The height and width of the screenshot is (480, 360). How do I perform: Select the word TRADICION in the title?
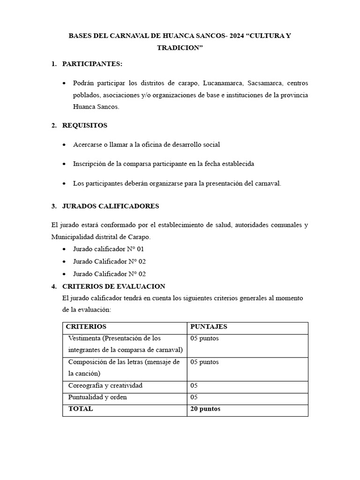180,48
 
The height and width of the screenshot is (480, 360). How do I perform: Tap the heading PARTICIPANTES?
92,64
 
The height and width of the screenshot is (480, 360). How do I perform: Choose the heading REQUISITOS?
85,125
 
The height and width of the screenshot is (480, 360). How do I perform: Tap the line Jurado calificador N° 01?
108,249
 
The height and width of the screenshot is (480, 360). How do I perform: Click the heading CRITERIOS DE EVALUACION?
113,286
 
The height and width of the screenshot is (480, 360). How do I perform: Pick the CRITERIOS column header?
86,327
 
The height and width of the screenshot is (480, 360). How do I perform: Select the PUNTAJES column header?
209,327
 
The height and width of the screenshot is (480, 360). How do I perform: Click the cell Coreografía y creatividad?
105,386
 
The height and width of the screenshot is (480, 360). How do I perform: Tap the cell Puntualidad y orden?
97,397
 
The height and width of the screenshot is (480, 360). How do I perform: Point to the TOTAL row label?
81,409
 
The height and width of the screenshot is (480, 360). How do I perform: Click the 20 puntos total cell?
205,409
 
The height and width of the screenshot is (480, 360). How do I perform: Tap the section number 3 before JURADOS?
53,206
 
